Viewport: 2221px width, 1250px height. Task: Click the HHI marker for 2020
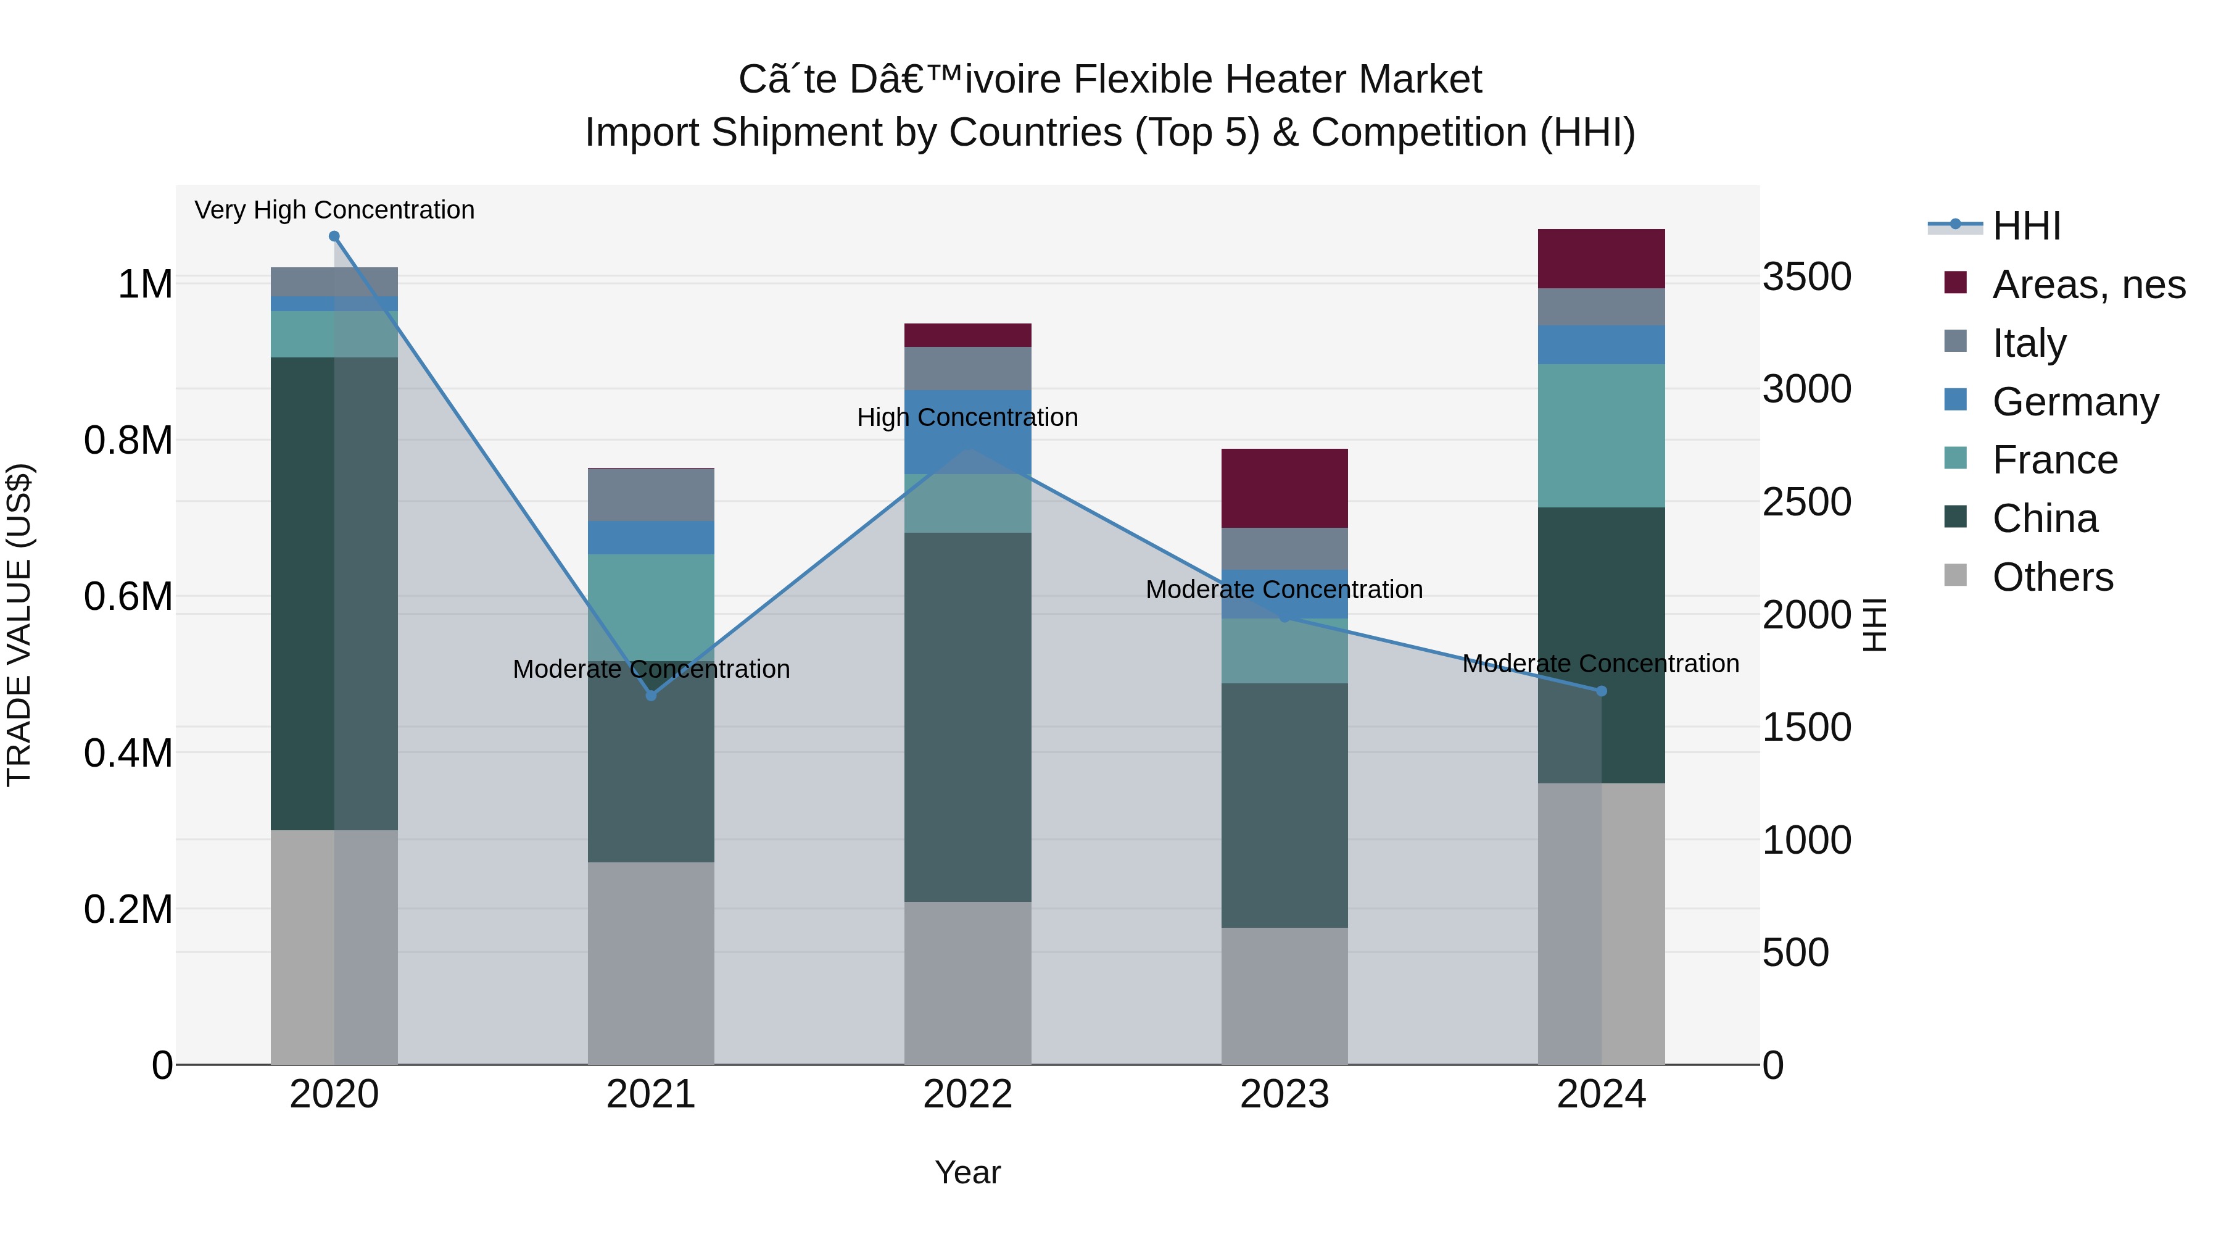click(334, 236)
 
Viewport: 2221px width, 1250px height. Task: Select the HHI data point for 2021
click(651, 695)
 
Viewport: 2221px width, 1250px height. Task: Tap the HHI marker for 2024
click(1601, 691)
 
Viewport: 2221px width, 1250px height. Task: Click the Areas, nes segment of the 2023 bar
click(1284, 488)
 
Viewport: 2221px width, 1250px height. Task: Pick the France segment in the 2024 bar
click(1601, 436)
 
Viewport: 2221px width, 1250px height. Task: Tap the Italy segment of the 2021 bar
click(651, 495)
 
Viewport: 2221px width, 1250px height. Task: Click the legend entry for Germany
click(2075, 402)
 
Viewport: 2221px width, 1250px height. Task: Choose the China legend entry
click(2045, 519)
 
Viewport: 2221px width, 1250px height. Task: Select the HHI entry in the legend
click(2026, 226)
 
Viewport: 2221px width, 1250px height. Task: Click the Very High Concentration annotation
click(334, 210)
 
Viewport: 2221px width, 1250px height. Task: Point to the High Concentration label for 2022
click(967, 417)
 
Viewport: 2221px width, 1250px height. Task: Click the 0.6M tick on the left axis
click(128, 597)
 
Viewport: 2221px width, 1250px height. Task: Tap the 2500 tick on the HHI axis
click(1806, 502)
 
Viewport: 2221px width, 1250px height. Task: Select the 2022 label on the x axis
click(967, 1094)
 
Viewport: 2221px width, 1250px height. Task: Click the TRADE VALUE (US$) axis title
click(19, 625)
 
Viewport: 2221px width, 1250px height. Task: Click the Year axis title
click(967, 1172)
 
